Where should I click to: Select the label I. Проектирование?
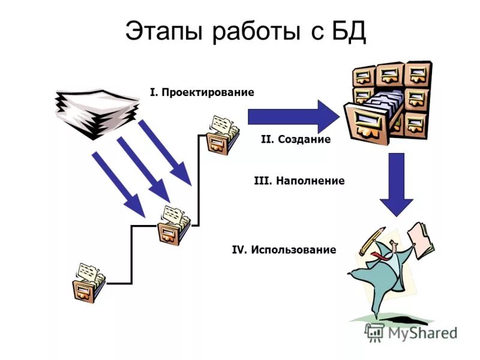coord(202,92)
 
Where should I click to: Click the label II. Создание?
coord(295,139)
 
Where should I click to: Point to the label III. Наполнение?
coord(299,181)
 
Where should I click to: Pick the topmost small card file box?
coord(221,135)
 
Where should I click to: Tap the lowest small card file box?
coord(88,283)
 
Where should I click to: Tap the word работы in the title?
coord(251,32)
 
